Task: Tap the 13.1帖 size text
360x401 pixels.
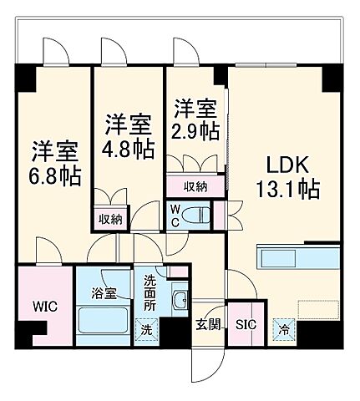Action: [x=286, y=190]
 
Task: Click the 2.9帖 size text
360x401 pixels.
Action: [x=195, y=131]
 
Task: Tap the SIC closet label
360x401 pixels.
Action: [x=245, y=325]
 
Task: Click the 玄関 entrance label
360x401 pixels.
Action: [x=208, y=325]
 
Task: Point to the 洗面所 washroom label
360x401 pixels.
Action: [x=150, y=292]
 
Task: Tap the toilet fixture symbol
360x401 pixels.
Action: [x=199, y=214]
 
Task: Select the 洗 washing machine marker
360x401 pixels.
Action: [x=145, y=331]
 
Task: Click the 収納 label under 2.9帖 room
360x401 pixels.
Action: [x=195, y=185]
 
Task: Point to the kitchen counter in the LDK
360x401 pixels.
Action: [x=296, y=258]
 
